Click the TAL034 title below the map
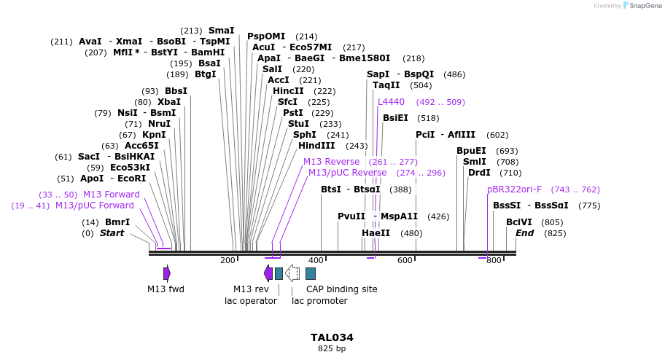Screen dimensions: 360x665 pyautogui.click(x=332, y=337)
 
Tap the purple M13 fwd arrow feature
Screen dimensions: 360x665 pyautogui.click(x=167, y=273)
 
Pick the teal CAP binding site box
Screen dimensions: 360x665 pyautogui.click(x=311, y=273)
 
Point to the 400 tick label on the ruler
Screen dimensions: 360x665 pyautogui.click(x=316, y=260)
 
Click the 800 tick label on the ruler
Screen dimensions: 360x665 pyautogui.click(x=494, y=260)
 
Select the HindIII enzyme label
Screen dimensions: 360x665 pyautogui.click(x=316, y=146)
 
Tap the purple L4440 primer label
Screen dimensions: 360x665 pyautogui.click(x=391, y=102)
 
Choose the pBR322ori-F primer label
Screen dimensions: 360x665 pyautogui.click(x=515, y=189)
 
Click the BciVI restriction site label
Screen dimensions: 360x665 pyautogui.click(x=519, y=222)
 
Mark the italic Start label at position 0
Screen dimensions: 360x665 pyautogui.click(x=112, y=233)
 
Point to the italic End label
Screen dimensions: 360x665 pyautogui.click(x=524, y=233)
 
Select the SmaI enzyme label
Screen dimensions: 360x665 pyautogui.click(x=222, y=31)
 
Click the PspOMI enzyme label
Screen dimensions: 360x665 pyautogui.click(x=266, y=36)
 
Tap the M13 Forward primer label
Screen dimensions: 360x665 pyautogui.click(x=112, y=195)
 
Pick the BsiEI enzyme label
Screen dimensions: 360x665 pyautogui.click(x=395, y=118)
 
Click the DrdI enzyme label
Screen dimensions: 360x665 pyautogui.click(x=479, y=173)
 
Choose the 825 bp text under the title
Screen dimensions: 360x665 pyautogui.click(x=332, y=349)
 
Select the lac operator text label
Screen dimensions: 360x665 pyautogui.click(x=250, y=300)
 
